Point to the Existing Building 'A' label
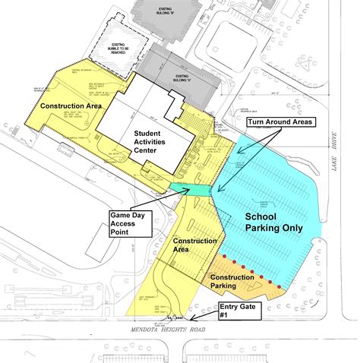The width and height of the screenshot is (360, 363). point(182,77)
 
